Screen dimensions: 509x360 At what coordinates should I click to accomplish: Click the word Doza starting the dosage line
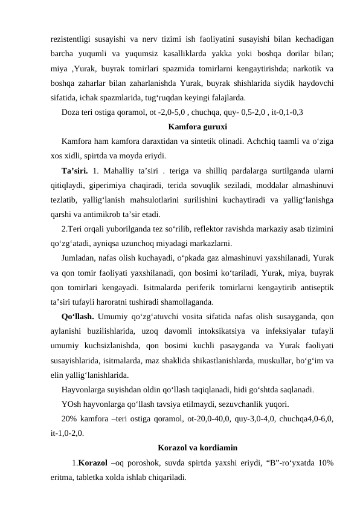tap(71, 113)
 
